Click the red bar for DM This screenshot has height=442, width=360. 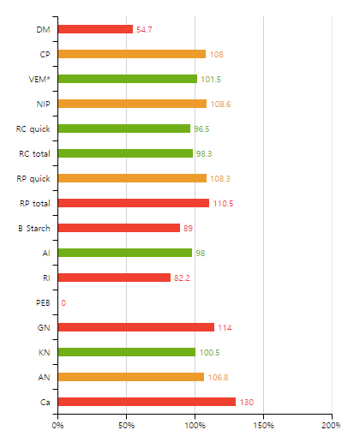[x=95, y=29]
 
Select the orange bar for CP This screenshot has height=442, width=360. [x=131, y=54]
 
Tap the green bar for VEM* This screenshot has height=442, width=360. [x=127, y=79]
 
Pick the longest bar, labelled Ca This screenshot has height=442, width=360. [x=147, y=402]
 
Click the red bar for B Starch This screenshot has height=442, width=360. [x=118, y=228]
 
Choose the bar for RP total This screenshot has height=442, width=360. [x=133, y=203]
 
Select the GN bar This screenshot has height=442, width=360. [x=135, y=327]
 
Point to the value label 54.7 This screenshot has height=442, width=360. [x=144, y=30]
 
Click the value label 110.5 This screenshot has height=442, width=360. [x=222, y=204]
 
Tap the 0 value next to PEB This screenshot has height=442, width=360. [x=63, y=303]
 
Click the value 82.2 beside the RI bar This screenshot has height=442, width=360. [x=183, y=278]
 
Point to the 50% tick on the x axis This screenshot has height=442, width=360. [x=126, y=425]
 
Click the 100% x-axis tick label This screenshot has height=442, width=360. [x=195, y=425]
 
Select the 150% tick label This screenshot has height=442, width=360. [x=263, y=425]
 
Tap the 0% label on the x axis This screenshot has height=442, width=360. [x=57, y=425]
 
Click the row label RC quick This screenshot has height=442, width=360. [x=33, y=129]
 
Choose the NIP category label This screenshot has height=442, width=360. [x=42, y=105]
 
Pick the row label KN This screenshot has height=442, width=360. [x=44, y=353]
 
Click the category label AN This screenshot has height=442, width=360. [x=44, y=378]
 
